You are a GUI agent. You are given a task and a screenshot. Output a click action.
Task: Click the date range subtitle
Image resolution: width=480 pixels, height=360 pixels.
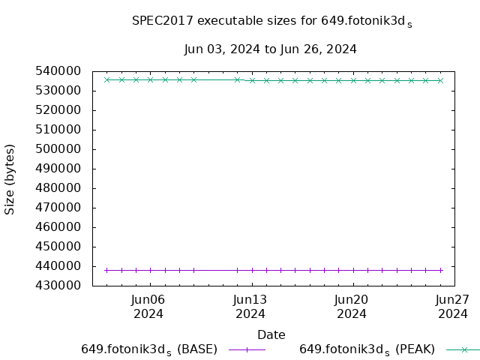point(270,49)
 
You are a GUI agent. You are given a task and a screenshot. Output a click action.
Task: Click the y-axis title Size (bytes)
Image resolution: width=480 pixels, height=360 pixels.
point(10,178)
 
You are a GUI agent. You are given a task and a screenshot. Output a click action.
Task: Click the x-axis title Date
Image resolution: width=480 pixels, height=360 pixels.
point(271,334)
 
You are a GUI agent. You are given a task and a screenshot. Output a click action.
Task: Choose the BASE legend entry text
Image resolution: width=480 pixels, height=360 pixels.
point(149,349)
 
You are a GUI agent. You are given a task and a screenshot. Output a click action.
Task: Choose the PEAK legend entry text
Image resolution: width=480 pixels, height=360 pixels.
point(367,349)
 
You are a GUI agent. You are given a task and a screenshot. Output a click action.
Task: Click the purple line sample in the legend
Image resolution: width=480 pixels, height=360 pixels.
point(247,349)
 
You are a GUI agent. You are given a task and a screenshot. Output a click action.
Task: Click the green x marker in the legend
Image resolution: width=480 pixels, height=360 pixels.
point(464,349)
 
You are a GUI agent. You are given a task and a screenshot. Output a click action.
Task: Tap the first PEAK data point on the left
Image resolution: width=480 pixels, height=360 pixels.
point(107,79)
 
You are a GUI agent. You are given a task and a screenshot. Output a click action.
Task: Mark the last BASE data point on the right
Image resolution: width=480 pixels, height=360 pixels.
point(440,270)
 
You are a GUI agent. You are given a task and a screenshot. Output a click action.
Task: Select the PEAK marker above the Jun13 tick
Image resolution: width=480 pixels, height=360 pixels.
point(252,80)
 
